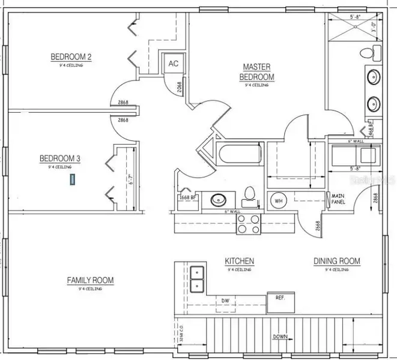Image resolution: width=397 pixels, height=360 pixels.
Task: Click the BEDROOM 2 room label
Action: point(71,57)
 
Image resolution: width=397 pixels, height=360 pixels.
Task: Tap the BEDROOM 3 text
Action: point(59,158)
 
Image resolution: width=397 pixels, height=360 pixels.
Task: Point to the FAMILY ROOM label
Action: point(90,280)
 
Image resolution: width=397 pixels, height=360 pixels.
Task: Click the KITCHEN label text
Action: point(240,261)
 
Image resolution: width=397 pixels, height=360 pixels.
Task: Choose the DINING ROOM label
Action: point(336,261)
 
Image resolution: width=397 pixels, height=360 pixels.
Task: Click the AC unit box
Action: point(173,64)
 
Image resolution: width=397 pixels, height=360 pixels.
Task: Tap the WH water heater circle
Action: point(279,200)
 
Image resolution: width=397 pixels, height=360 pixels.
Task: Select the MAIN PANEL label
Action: point(336,200)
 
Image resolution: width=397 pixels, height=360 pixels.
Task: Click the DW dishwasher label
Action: point(226,301)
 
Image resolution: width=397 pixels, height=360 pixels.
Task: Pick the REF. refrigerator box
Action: point(280,298)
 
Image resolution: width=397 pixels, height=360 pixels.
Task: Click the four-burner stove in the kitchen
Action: point(248,224)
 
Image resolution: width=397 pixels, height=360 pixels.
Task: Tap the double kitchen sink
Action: point(197,280)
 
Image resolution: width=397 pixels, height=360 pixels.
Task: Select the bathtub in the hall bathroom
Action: point(240,154)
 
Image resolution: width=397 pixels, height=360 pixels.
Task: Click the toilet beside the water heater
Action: point(250,194)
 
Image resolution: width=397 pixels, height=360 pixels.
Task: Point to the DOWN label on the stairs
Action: point(280,337)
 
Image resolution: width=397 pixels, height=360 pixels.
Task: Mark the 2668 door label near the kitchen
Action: point(316,226)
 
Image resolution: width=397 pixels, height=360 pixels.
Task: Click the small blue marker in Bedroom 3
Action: point(73,179)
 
